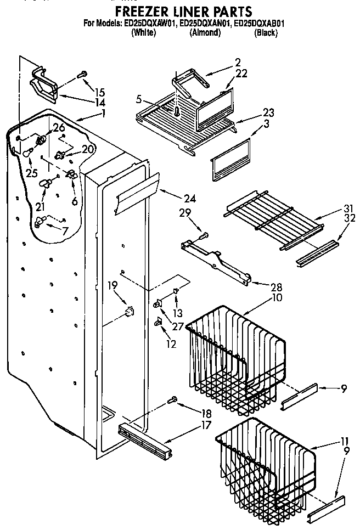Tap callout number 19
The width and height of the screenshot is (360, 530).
(113, 285)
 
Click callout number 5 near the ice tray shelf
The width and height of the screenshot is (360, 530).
(139, 100)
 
